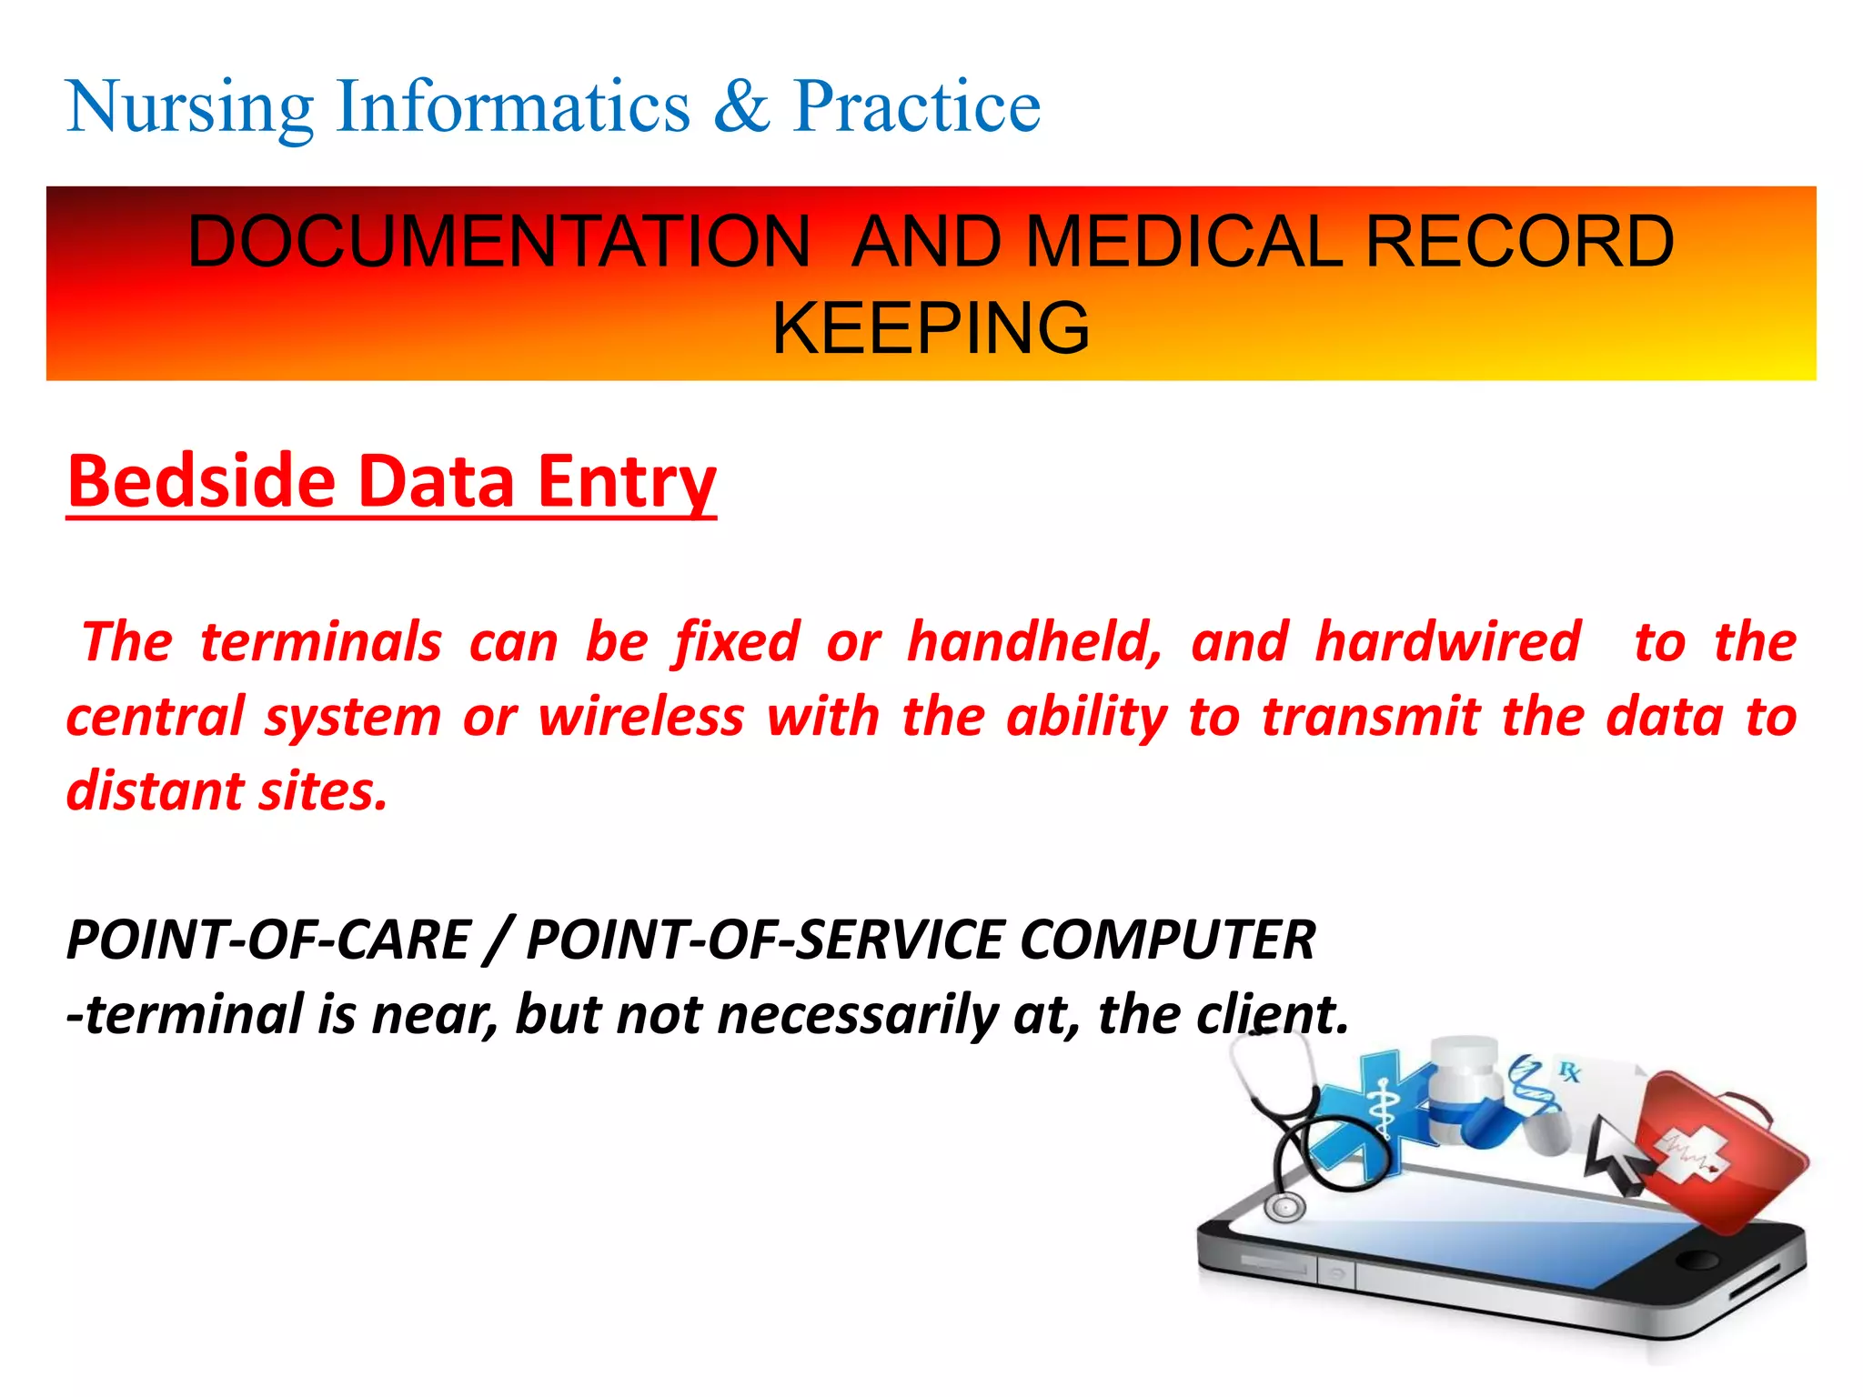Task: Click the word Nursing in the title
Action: [x=189, y=108]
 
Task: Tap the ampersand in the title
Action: [x=741, y=108]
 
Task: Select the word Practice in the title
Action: [x=916, y=108]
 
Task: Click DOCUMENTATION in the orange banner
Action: [x=498, y=242]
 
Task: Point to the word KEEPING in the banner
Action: [x=931, y=328]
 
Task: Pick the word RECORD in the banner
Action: [x=1519, y=242]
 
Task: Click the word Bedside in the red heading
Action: [x=201, y=481]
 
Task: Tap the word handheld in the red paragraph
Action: [x=1034, y=642]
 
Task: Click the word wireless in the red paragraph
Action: [x=641, y=717]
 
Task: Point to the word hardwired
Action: [x=1448, y=642]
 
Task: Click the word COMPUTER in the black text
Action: [x=1168, y=940]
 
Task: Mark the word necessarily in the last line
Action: [x=857, y=1015]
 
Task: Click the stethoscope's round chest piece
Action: [x=1284, y=1207]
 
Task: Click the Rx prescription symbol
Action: [x=1569, y=1072]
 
